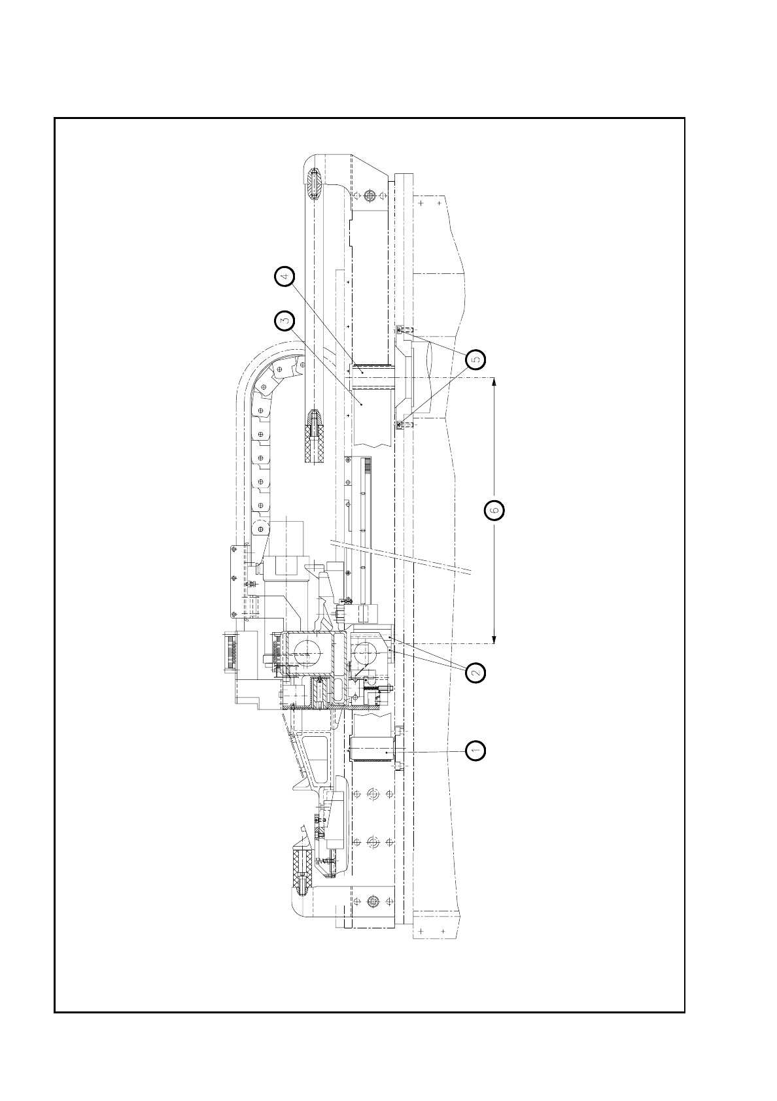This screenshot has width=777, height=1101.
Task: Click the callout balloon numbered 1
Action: pyautogui.click(x=475, y=751)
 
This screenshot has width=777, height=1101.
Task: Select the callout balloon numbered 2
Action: pyautogui.click(x=475, y=672)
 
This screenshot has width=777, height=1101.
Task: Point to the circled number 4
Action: pyautogui.click(x=284, y=277)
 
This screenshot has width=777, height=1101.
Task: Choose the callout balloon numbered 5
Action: pyautogui.click(x=475, y=359)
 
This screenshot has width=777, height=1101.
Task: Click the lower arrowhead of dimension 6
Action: pyautogui.click(x=493, y=639)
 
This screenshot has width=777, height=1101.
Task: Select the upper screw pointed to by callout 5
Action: pyautogui.click(x=400, y=330)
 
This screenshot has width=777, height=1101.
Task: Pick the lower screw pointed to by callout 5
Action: pyautogui.click(x=399, y=425)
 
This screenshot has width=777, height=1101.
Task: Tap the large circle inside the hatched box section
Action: pyautogui.click(x=307, y=652)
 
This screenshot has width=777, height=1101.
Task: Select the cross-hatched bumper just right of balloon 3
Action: pyautogui.click(x=315, y=437)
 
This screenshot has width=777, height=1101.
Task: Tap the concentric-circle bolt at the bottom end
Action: pyautogui.click(x=373, y=902)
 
